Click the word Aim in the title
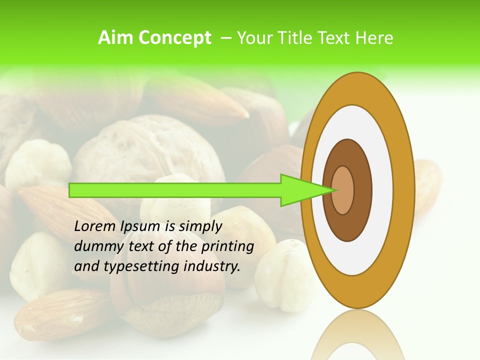(x=116, y=38)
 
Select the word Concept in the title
(x=174, y=38)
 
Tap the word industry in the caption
(x=212, y=266)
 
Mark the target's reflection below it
(x=357, y=335)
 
